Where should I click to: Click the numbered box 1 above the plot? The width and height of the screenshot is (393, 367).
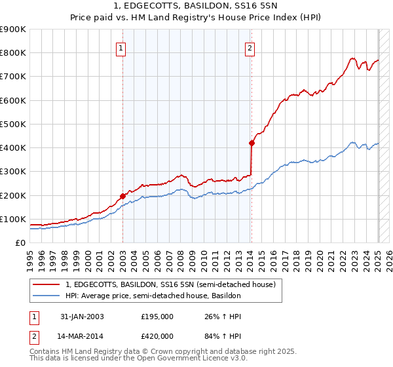(x=122, y=47)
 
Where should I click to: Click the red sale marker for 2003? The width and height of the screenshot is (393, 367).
(x=122, y=196)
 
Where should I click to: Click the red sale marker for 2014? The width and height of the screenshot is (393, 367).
(x=252, y=142)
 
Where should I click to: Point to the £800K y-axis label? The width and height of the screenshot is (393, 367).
(x=13, y=53)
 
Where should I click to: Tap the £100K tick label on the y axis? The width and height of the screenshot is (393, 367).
(x=13, y=219)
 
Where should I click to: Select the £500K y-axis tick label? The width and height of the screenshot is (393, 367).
(x=13, y=124)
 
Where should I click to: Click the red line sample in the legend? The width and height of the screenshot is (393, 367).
(x=47, y=285)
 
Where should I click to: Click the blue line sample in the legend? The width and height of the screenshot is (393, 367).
(x=47, y=296)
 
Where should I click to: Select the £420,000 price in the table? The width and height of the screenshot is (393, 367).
(x=157, y=336)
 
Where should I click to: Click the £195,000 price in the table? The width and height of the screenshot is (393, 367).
(x=157, y=317)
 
